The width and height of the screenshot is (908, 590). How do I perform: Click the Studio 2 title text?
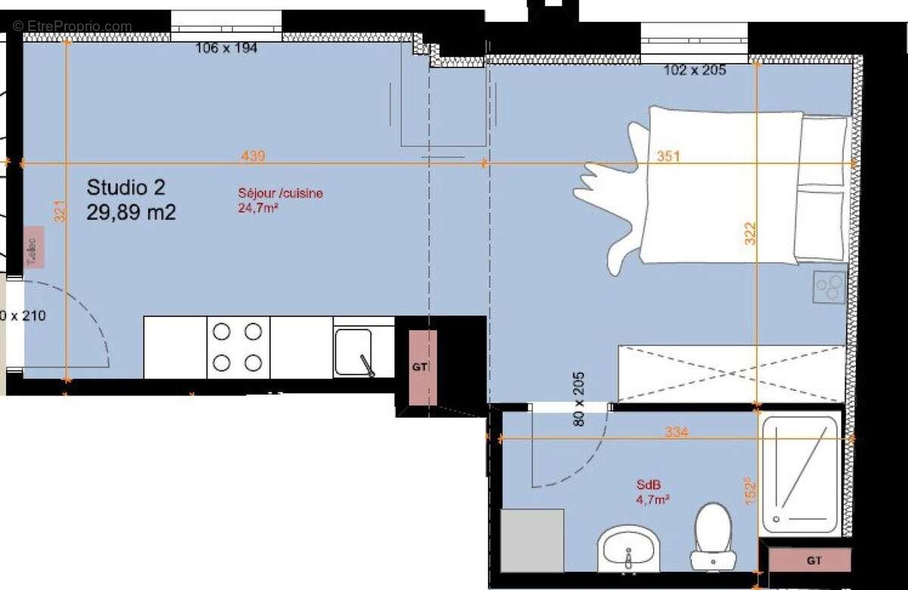126,186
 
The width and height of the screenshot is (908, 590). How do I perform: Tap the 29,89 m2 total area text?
131,213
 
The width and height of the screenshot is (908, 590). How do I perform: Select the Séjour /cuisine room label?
280,194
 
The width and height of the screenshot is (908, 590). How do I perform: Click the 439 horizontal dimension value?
253,156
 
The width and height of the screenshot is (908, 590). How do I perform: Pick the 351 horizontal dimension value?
668,157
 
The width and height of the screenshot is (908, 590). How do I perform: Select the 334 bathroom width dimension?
676,432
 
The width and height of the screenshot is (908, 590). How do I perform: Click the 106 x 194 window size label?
226,48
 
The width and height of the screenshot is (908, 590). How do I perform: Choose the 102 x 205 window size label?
695,70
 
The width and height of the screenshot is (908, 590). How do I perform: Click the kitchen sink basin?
353,351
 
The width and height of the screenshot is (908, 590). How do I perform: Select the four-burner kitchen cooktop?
238,347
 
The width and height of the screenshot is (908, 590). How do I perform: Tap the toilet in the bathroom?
711,534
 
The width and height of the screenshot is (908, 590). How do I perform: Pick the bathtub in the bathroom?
799,474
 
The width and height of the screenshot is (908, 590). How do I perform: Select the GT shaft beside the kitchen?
421,367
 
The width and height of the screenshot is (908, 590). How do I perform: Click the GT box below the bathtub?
814,561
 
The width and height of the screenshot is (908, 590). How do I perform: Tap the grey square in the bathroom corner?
533,540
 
